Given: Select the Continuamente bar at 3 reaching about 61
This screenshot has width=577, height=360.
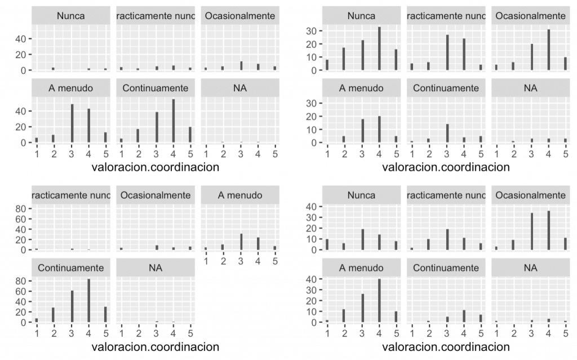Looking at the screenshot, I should [x=71, y=306].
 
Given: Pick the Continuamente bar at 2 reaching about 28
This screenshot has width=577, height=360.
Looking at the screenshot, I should [x=54, y=315].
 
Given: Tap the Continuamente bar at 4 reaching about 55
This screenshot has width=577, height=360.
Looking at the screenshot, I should [x=173, y=121].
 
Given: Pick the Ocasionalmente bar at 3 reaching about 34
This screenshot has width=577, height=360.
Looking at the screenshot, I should [x=531, y=232].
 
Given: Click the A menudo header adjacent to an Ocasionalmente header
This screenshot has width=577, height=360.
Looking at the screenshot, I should [x=239, y=195].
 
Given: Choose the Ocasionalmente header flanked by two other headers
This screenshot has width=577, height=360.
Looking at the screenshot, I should [x=156, y=195].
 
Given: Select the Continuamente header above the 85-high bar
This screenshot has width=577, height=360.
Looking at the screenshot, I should [x=71, y=268].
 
